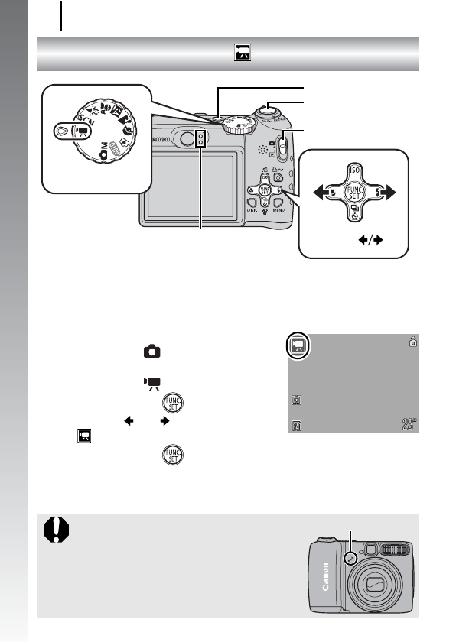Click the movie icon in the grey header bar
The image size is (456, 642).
tap(243, 53)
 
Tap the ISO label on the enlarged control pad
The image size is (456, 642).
tap(353, 170)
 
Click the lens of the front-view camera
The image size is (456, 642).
tap(376, 585)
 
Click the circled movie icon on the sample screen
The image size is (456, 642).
tap(298, 349)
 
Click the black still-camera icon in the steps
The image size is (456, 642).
tap(153, 352)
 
